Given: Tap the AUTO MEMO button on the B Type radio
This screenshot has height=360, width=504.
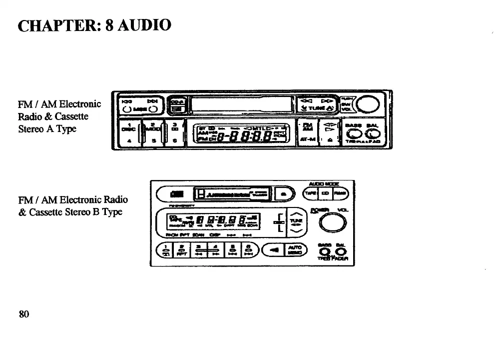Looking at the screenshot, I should [295, 249].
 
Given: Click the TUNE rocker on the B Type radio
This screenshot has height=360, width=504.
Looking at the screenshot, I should [295, 220].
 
